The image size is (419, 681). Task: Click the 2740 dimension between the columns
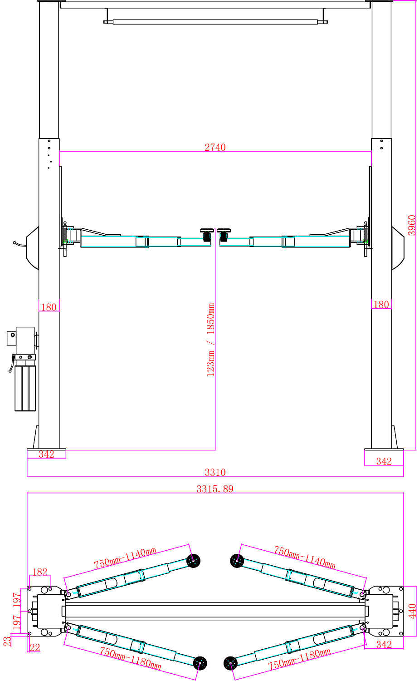[215, 147]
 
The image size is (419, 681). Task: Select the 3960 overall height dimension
[412, 225]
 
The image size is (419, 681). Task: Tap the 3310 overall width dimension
[215, 472]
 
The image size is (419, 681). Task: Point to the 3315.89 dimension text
[215, 489]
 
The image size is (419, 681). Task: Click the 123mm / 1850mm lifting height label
[210, 340]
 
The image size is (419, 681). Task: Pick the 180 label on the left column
[49, 307]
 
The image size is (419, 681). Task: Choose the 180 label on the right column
[381, 305]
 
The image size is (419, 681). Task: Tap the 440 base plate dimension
[412, 612]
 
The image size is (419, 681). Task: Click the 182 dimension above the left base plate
[40, 572]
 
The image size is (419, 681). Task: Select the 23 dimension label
[7, 641]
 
